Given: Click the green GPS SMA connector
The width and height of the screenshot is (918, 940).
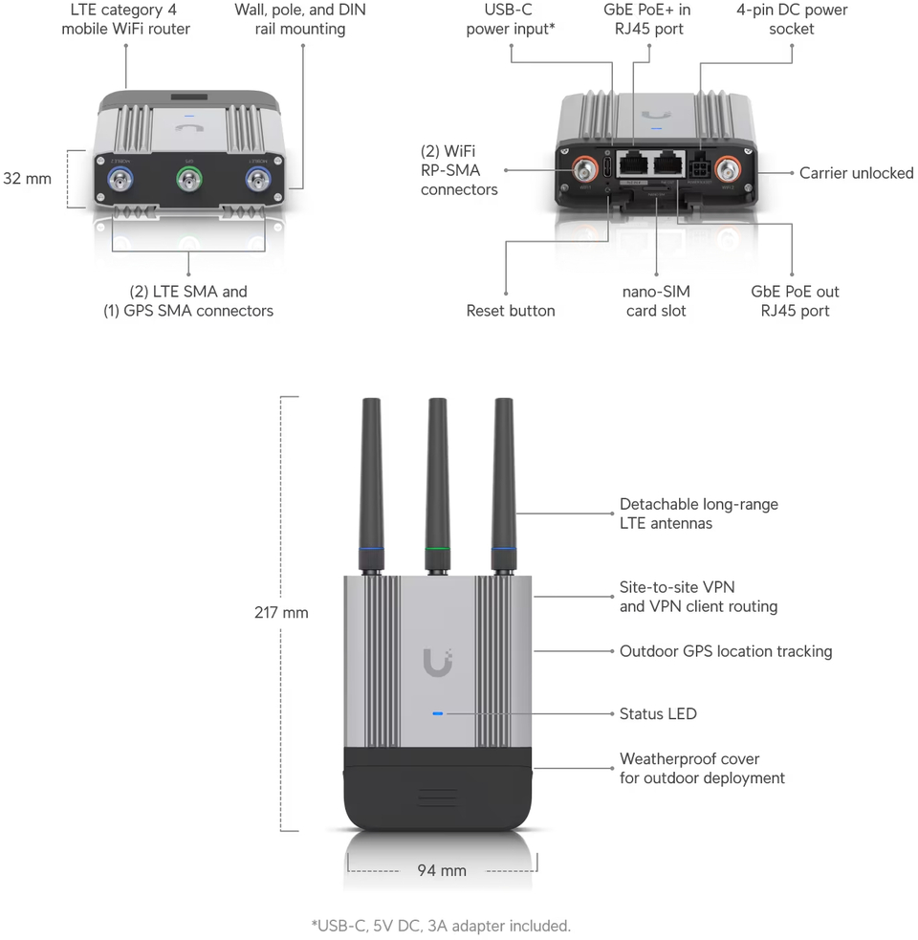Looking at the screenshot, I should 189,179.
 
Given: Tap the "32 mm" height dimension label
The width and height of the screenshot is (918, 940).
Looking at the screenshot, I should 27,178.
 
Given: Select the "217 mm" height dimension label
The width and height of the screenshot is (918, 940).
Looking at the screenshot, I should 281,612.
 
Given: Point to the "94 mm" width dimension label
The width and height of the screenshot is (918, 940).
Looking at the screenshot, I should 442,870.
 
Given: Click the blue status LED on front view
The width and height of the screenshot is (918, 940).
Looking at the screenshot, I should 437,714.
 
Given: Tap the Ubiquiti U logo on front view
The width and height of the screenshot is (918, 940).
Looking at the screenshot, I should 438,661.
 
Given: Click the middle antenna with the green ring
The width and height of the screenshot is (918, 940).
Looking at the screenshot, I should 438,478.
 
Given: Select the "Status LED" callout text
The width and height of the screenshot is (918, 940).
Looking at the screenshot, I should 658,713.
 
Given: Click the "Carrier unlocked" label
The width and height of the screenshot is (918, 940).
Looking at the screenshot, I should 856,173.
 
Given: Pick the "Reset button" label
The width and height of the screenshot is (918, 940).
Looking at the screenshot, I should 511,311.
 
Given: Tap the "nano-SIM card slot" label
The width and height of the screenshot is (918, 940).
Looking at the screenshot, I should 657,301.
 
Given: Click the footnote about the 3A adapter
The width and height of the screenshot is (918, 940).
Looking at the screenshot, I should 441,926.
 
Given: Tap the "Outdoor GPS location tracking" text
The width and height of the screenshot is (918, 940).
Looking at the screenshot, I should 726,651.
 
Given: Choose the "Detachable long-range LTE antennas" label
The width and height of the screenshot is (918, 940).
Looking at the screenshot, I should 686,514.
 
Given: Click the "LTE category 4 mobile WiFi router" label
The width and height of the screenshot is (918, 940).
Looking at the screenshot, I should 126,19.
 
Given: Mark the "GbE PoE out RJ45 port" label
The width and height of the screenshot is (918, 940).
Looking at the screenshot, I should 795,301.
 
